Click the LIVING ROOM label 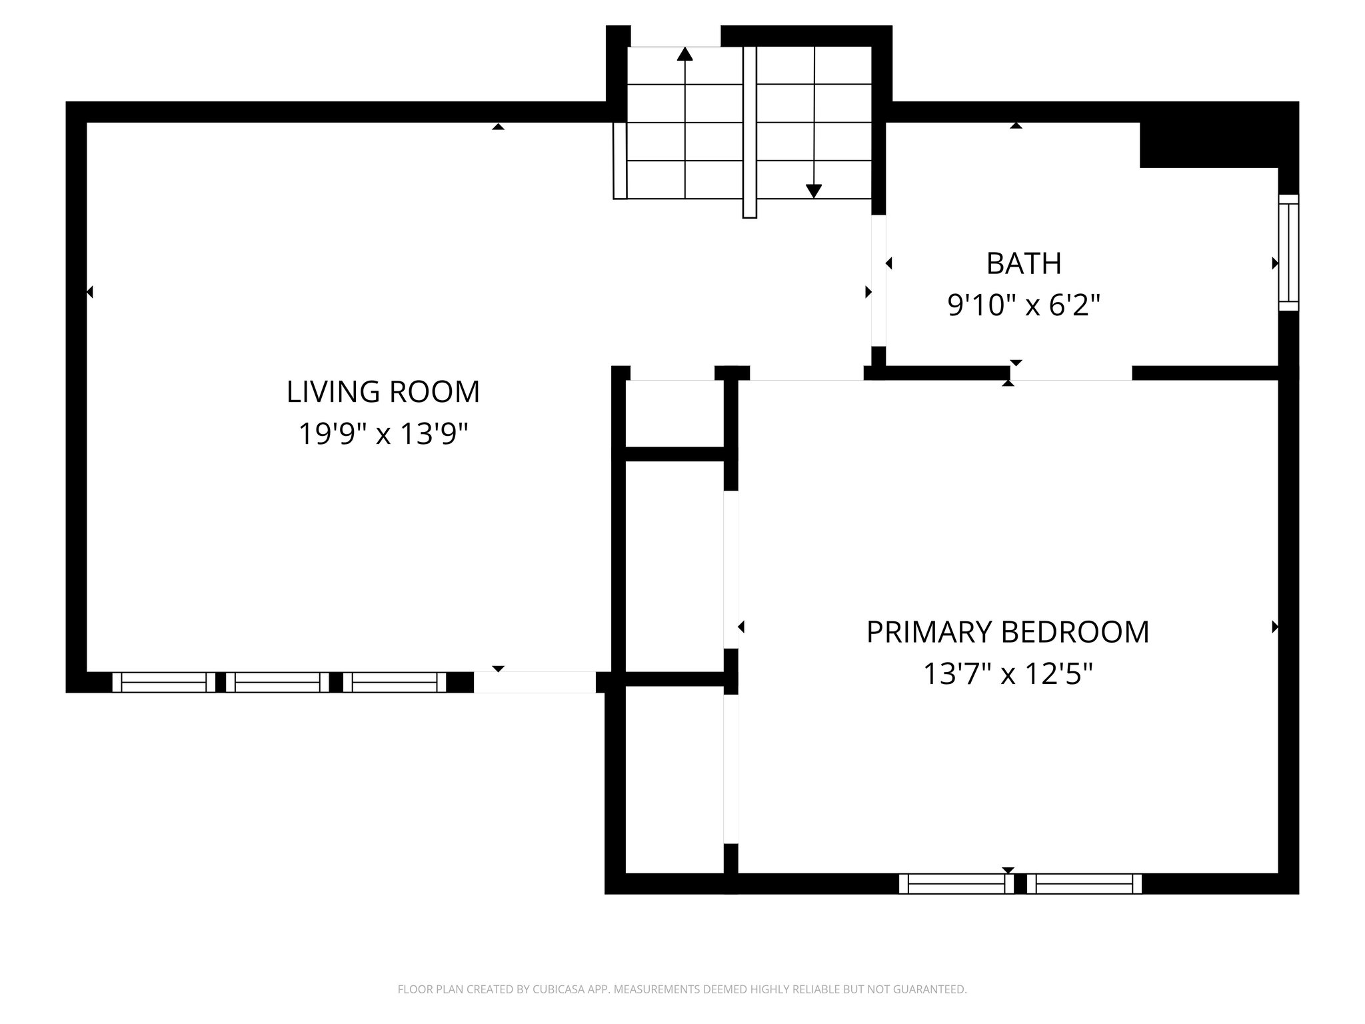point(383,392)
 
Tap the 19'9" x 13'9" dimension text point(383,435)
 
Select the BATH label point(1023,264)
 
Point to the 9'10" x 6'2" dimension point(1023,306)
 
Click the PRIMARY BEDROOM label point(1007,632)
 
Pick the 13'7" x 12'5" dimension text point(1007,674)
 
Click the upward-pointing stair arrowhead point(684,55)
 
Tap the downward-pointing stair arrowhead point(813,191)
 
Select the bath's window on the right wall point(1288,253)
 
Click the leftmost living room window point(164,683)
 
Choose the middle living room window point(277,683)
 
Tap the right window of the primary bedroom point(1084,884)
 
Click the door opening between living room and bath point(878,280)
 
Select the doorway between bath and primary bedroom point(1070,373)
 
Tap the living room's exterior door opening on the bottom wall point(535,683)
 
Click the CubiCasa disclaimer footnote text point(682,989)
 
